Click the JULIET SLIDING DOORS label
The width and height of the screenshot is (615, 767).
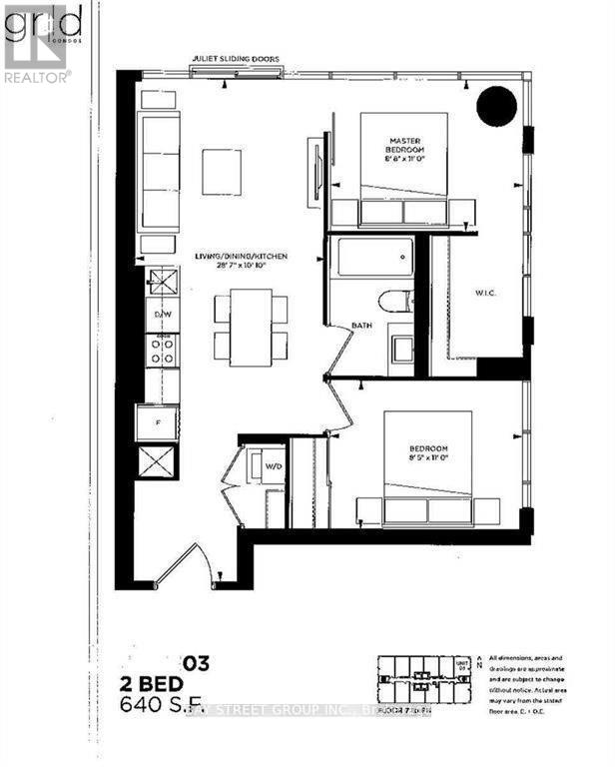tap(238, 59)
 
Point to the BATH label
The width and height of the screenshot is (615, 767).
tap(361, 326)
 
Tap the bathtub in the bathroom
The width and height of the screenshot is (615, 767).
tap(371, 258)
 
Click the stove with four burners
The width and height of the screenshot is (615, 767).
tap(162, 349)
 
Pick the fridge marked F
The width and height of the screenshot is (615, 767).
tap(158, 421)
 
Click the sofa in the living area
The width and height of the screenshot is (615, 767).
tap(160, 172)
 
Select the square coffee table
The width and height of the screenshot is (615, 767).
tap(221, 172)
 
